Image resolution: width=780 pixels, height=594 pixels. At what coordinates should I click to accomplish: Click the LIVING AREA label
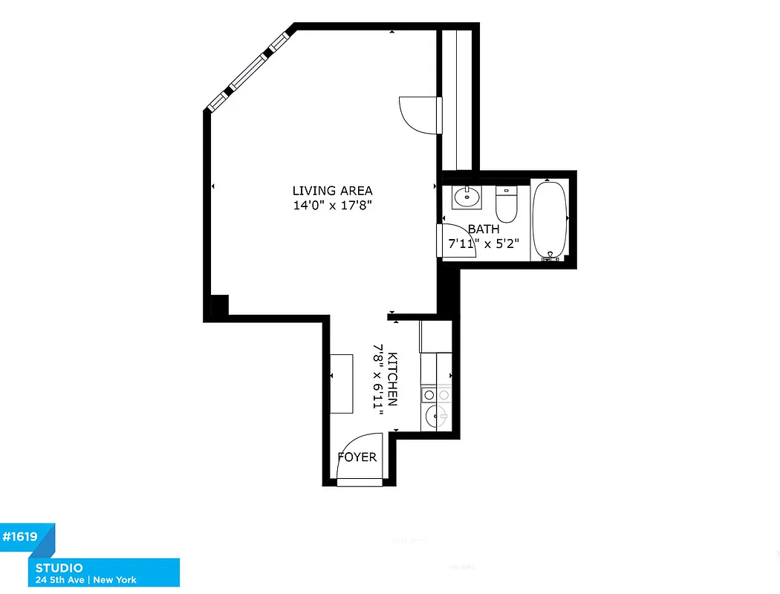click(332, 191)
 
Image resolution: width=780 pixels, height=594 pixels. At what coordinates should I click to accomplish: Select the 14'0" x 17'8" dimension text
click(332, 206)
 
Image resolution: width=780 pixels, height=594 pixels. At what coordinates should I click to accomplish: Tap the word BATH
click(484, 229)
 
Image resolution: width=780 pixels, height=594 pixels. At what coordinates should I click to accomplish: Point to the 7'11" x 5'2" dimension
click(484, 243)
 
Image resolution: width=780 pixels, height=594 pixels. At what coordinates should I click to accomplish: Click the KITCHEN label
click(392, 379)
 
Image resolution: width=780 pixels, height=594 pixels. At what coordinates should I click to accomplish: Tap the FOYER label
click(357, 457)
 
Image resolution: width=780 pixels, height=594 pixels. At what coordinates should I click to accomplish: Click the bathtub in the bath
click(549, 220)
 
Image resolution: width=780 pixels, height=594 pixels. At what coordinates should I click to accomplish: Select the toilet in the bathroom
click(507, 206)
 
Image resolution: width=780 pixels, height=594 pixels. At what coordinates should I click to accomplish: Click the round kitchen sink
click(434, 417)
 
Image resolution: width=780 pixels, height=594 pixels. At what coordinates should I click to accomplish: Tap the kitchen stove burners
click(436, 394)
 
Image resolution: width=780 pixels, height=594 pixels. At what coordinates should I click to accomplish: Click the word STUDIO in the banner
click(57, 568)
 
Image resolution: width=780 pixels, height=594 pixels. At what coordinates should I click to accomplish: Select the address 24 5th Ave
click(59, 580)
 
